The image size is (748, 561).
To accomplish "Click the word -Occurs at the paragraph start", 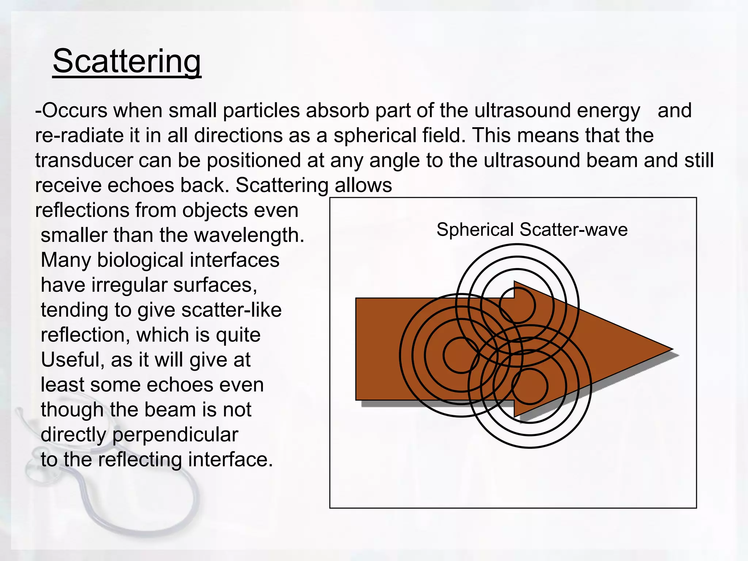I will [x=71, y=110].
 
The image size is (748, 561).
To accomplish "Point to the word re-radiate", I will [x=79, y=136].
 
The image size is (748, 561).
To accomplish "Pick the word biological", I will [x=140, y=260].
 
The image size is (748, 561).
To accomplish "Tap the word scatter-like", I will [x=232, y=310].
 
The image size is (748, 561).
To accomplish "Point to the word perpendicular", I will [x=175, y=435].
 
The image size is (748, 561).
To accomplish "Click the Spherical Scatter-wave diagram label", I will [x=532, y=230].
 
